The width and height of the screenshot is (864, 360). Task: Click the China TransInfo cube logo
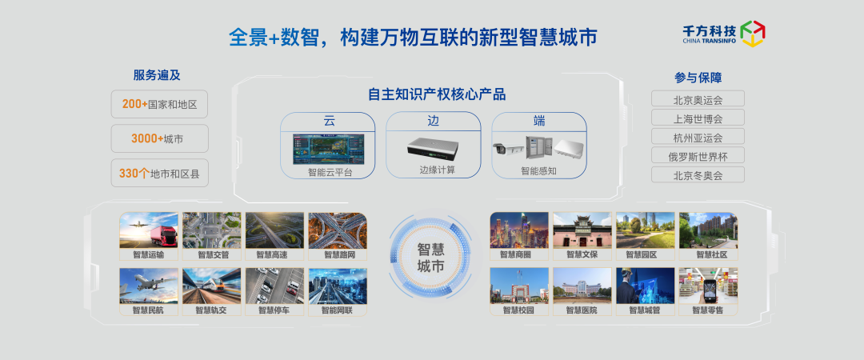[x=753, y=34]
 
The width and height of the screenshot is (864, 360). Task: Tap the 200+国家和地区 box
[x=159, y=104]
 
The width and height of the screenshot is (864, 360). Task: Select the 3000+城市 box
[x=159, y=138]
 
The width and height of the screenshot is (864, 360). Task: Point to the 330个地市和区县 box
[x=159, y=173]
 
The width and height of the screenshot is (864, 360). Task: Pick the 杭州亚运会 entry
[x=698, y=137]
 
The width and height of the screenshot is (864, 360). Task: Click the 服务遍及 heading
[x=157, y=75]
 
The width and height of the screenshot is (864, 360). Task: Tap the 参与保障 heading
[x=698, y=78]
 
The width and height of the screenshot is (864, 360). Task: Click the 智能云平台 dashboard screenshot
[x=328, y=148]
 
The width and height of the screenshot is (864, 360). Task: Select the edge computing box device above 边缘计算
[x=433, y=146]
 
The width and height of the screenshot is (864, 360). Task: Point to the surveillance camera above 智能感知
[x=507, y=148]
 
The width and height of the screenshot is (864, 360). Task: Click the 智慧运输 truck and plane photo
[x=149, y=230]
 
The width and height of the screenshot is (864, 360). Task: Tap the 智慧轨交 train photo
[x=211, y=286]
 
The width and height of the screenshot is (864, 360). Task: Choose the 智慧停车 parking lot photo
[x=274, y=286]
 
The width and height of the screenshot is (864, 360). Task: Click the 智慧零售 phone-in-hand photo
[x=708, y=286]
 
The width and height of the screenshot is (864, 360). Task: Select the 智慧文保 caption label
[x=582, y=254]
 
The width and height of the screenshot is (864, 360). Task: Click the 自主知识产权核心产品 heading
[x=437, y=94]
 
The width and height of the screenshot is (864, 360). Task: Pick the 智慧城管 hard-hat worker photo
[x=646, y=286]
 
